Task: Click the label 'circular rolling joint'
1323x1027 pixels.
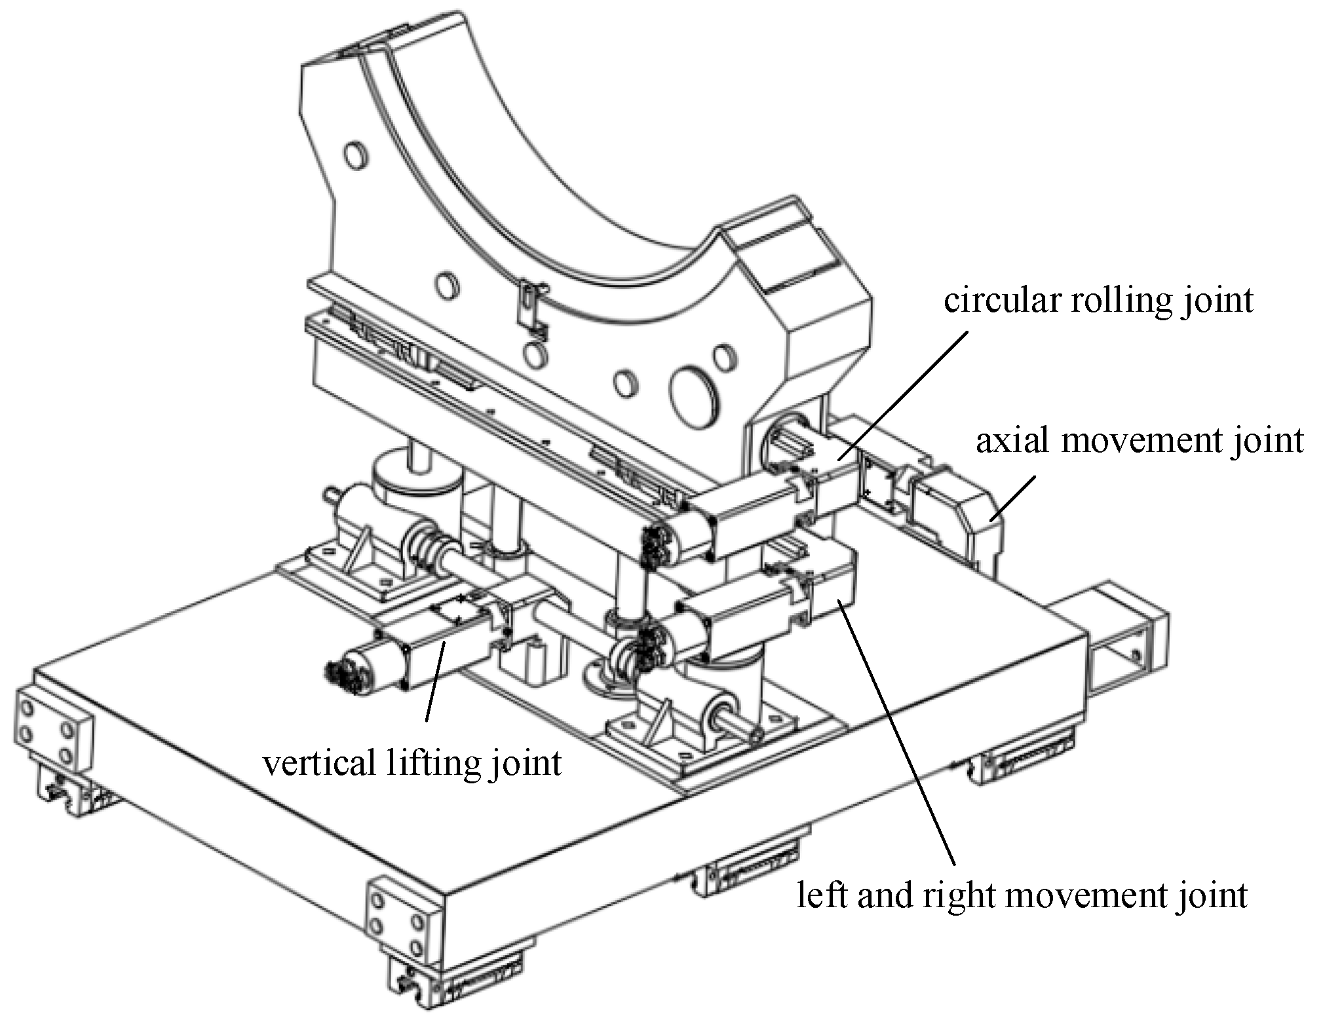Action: pyautogui.click(x=1098, y=301)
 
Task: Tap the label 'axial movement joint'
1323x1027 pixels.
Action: pyautogui.click(x=1140, y=440)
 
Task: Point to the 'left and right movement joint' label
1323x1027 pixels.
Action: pyautogui.click(x=1022, y=895)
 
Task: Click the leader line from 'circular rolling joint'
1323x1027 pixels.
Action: pyautogui.click(x=904, y=393)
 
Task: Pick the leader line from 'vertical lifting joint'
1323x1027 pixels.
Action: pyautogui.click(x=436, y=681)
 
